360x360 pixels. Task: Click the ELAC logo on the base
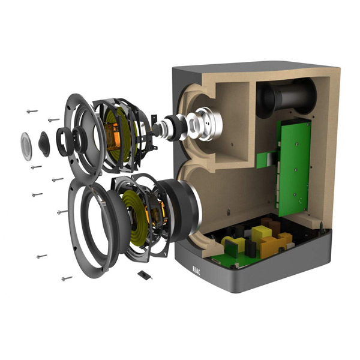point(196,271)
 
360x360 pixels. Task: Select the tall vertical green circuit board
point(293,168)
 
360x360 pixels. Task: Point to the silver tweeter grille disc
point(26,146)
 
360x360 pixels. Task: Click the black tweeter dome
point(44,144)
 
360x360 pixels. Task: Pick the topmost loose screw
point(32,112)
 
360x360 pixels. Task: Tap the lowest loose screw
point(67,278)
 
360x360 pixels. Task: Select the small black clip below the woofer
point(145,275)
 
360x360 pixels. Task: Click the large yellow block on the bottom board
point(262,234)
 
